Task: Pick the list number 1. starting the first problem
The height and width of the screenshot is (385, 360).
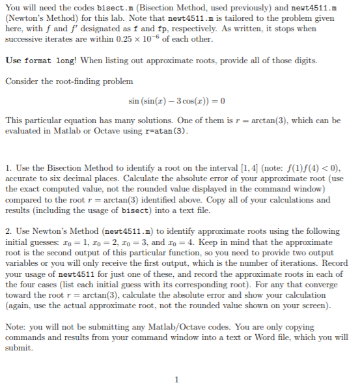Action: click(8, 167)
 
